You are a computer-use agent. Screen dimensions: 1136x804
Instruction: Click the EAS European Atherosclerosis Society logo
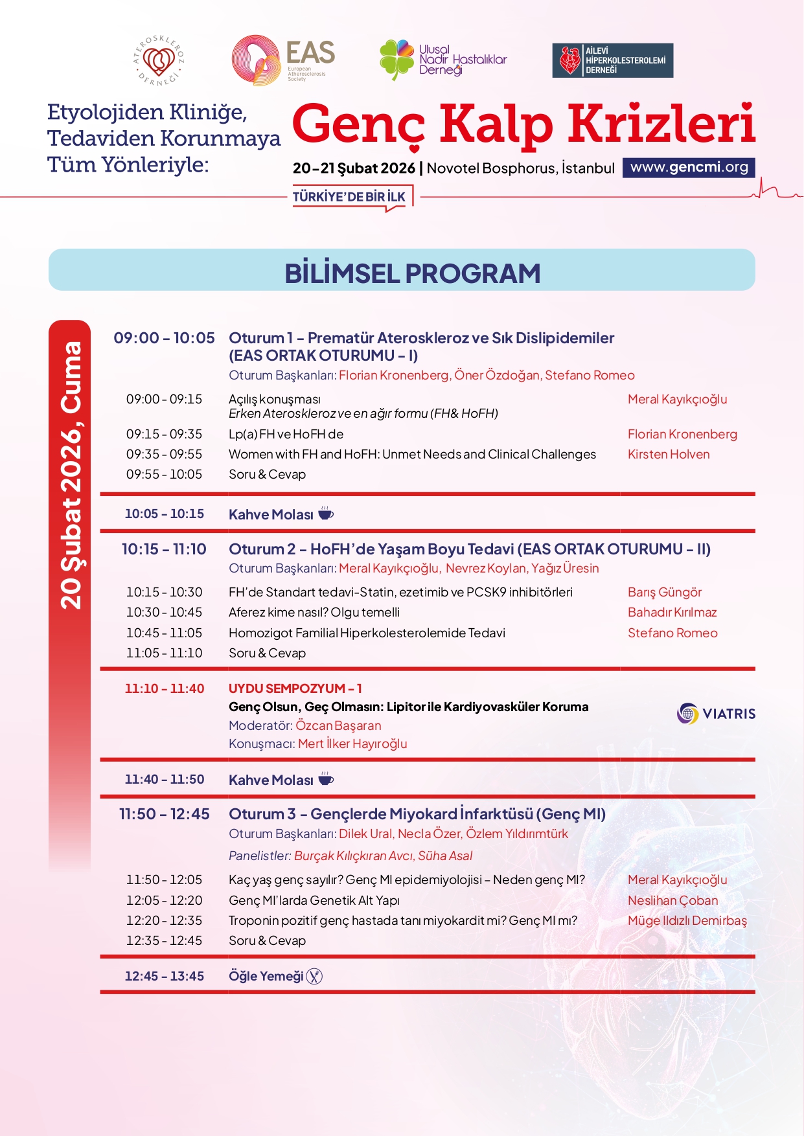pos(283,60)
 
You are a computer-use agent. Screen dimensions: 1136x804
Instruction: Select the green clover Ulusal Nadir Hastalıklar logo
pos(396,59)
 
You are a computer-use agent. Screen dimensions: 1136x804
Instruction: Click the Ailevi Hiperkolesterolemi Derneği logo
pos(612,60)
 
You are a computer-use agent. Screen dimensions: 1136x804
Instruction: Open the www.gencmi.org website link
pos(689,167)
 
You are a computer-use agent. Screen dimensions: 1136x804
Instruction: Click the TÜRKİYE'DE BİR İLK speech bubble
pos(350,197)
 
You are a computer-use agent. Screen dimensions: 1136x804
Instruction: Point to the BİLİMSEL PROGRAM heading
pos(412,273)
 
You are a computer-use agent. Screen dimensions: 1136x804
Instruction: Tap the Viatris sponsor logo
pos(716,714)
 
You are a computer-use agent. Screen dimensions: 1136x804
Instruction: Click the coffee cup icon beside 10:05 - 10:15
pos(326,514)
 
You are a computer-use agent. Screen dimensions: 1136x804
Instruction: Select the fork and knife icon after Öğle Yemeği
pos(314,976)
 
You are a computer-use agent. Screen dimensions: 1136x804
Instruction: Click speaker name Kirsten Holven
pos(669,454)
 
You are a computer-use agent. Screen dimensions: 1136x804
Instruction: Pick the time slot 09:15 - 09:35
pos(164,434)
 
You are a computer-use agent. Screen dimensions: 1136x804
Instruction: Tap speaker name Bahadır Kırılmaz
pos(672,612)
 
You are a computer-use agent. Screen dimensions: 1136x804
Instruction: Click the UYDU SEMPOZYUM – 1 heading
pos(295,688)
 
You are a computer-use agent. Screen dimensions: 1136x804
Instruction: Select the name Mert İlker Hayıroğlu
pos(352,744)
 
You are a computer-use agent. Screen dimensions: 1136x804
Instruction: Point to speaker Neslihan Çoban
pos(672,900)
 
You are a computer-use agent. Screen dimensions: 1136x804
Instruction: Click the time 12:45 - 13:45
pos(164,976)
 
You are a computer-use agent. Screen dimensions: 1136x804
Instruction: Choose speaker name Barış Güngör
pos(665,592)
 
